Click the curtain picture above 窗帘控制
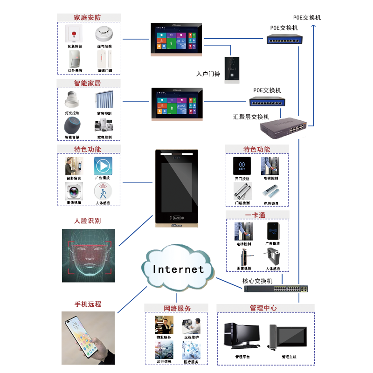coord(104,100)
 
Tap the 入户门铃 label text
coord(208,74)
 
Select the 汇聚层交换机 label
coord(251,117)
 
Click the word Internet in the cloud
coord(179,269)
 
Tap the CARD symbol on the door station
coord(177,217)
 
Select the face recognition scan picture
coord(88,256)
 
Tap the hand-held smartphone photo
coord(88,338)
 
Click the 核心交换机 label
coord(257,281)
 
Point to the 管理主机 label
coord(289,357)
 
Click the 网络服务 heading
coord(177,309)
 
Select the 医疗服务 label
coord(191,362)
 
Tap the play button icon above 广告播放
coord(103,166)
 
